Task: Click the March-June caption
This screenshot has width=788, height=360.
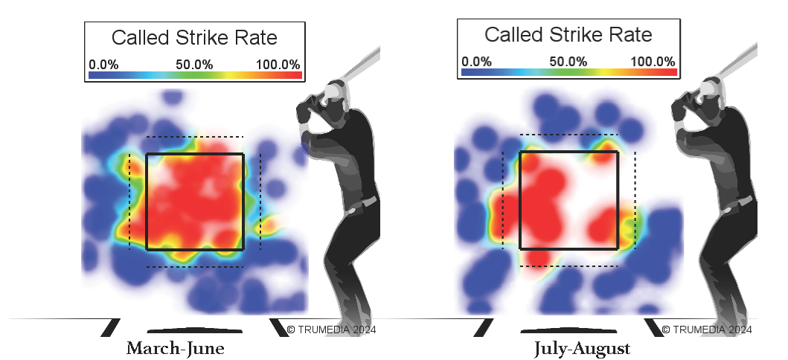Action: (175, 349)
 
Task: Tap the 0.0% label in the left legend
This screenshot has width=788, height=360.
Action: (103, 64)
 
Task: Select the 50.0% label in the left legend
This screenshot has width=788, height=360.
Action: (194, 64)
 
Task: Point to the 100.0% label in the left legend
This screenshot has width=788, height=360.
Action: (278, 64)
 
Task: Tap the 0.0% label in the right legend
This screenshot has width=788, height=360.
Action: (476, 61)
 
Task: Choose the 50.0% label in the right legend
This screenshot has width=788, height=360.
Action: (568, 61)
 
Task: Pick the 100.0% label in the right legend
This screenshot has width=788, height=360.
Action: (652, 61)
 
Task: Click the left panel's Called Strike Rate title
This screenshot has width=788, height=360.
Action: (194, 38)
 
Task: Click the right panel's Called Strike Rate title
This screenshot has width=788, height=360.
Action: (568, 34)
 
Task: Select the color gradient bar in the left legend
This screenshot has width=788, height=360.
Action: (195, 75)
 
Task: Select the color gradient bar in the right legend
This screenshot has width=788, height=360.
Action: (568, 72)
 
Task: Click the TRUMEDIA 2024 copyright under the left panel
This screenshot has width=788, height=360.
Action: (332, 329)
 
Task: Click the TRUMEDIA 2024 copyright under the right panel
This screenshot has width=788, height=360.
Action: (706, 329)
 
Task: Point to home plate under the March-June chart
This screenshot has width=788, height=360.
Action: (194, 330)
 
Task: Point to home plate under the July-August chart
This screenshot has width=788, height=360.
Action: (568, 330)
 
